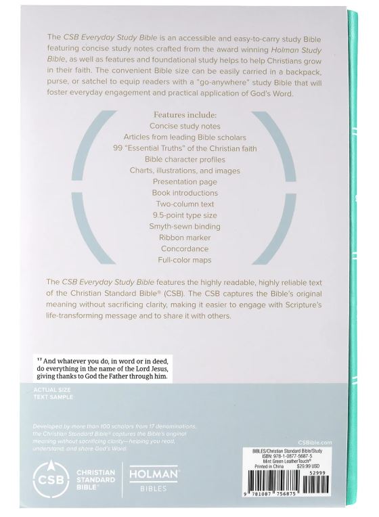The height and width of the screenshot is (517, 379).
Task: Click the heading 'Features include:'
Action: coord(185,115)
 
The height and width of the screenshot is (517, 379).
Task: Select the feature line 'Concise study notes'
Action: coord(185,126)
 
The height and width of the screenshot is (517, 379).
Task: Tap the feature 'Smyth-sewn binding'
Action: coord(185,226)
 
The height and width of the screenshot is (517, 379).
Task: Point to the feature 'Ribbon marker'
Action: coord(185,238)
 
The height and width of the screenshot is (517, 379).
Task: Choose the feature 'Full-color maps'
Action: coord(185,260)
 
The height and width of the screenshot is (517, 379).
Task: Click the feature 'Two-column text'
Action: coord(185,204)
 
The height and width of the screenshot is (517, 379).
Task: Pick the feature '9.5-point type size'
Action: coord(185,215)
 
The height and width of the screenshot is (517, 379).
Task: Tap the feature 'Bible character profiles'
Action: coord(185,159)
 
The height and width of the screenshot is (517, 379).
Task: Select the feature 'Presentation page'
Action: coord(185,181)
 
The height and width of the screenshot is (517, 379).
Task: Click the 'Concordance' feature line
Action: coord(185,248)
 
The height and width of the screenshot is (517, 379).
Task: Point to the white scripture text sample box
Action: coord(102,369)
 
